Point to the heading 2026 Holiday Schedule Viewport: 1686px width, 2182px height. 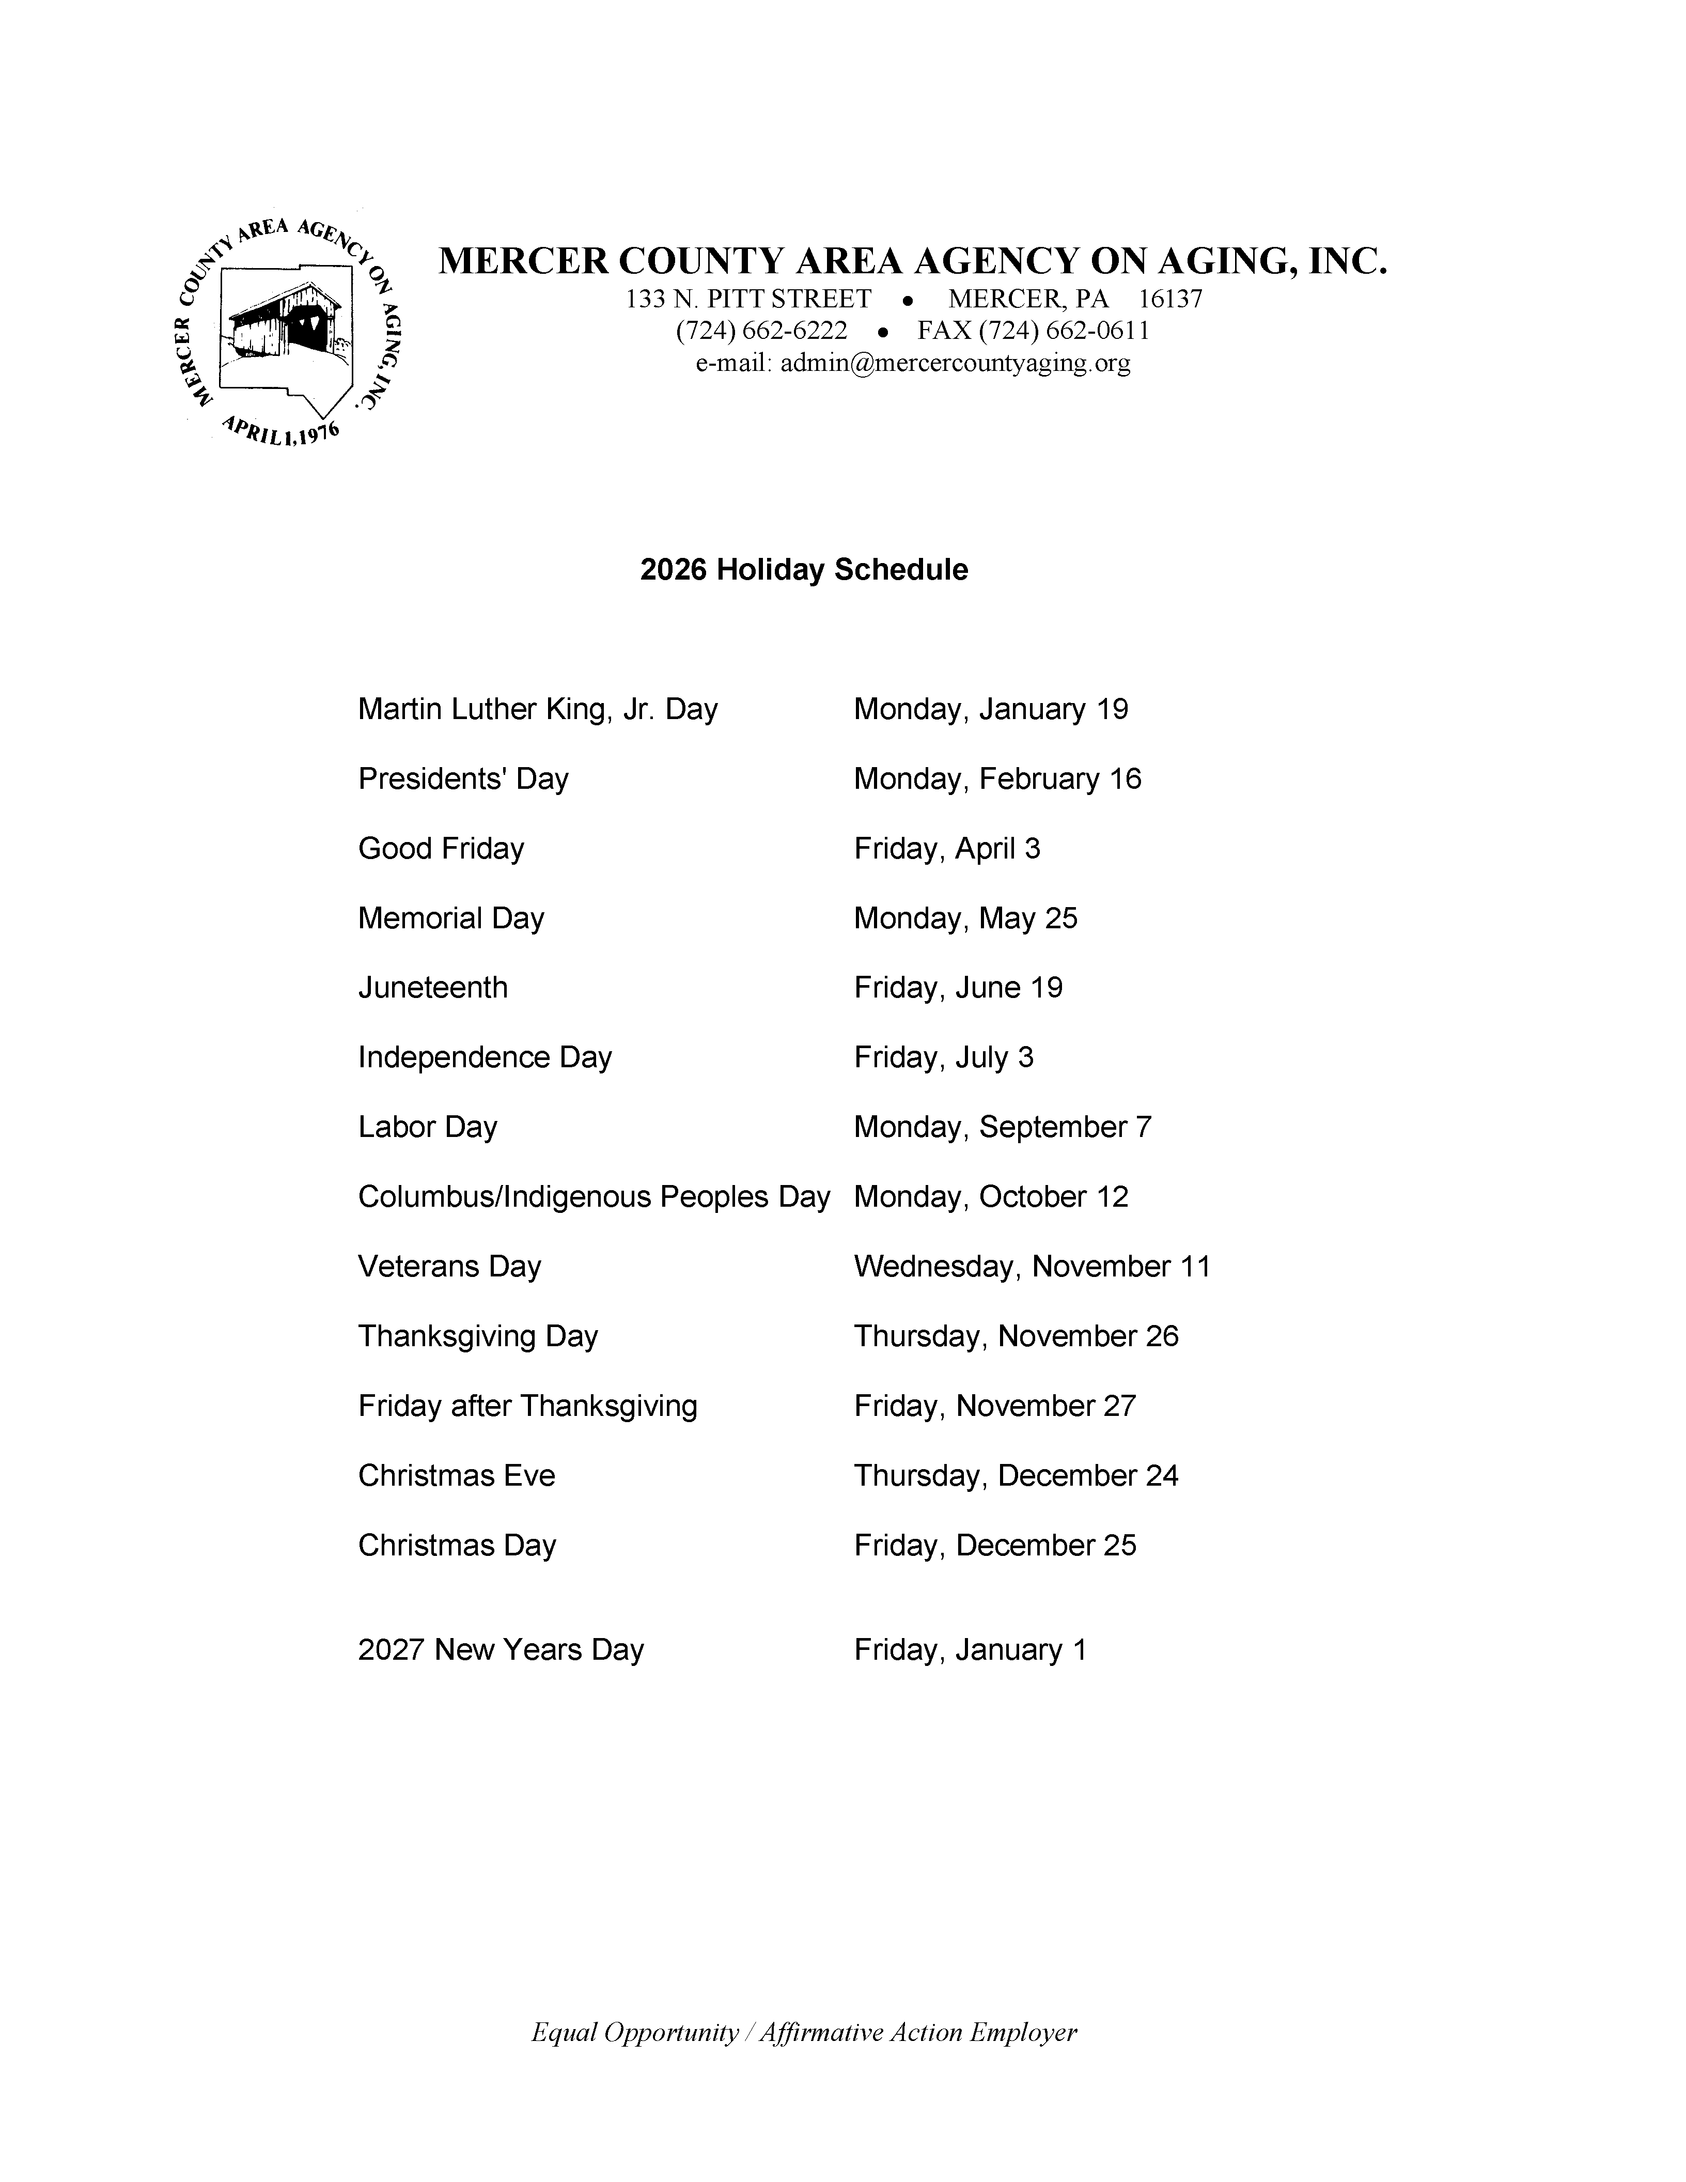tap(804, 569)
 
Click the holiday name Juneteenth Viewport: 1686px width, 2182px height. tap(432, 987)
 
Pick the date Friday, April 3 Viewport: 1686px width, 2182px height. tap(947, 848)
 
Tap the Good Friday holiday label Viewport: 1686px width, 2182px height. tap(441, 848)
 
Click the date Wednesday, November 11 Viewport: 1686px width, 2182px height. tap(1032, 1266)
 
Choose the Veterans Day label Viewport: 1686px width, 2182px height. tap(449, 1266)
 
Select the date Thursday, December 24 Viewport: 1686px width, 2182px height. tap(1016, 1475)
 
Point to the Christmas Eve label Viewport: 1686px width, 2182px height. tap(457, 1475)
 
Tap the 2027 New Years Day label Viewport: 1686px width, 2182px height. tap(501, 1648)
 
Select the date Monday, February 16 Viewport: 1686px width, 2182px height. tap(997, 778)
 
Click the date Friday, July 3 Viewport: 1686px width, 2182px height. tap(944, 1057)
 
